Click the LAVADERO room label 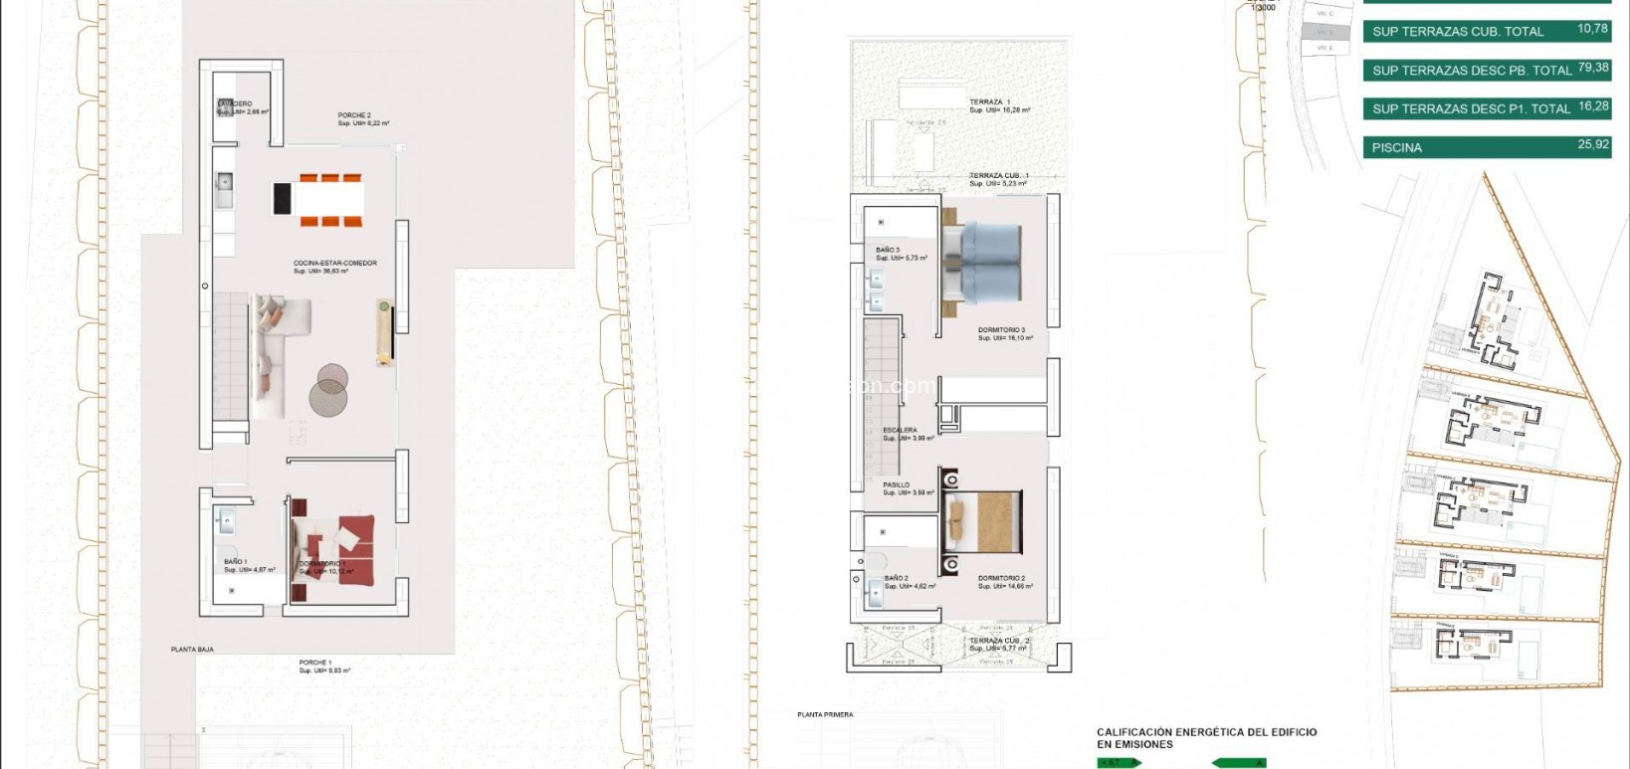tap(236, 104)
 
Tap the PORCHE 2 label tap(354, 115)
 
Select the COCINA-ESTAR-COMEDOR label tap(334, 264)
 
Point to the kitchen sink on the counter tap(224, 181)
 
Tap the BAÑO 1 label tap(236, 562)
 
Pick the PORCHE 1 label tap(315, 663)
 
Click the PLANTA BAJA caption tap(192, 650)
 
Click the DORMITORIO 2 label tap(1001, 578)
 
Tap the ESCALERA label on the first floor tap(901, 431)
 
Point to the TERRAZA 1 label tap(990, 102)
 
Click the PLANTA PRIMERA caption tap(825, 714)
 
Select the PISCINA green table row tap(1487, 147)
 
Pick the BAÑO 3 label tap(888, 250)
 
